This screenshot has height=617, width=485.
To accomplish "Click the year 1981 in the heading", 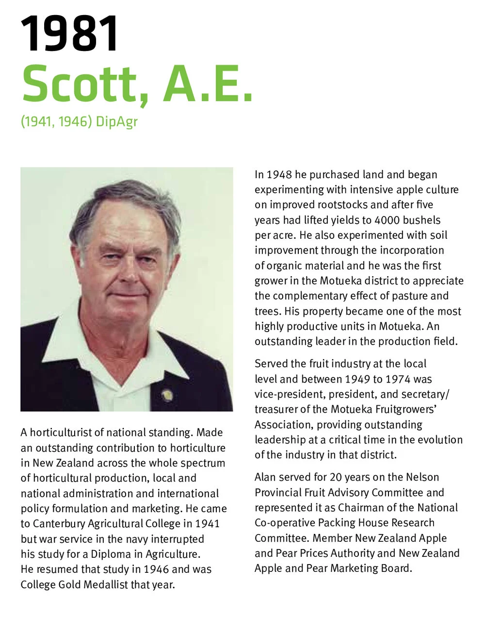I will [70, 34].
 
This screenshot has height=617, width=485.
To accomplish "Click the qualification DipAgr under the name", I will [117, 121].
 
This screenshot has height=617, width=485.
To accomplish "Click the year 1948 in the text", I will [279, 175].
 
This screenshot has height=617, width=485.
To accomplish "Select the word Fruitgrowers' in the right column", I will [402, 409].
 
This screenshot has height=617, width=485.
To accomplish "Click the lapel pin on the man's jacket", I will [167, 395].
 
